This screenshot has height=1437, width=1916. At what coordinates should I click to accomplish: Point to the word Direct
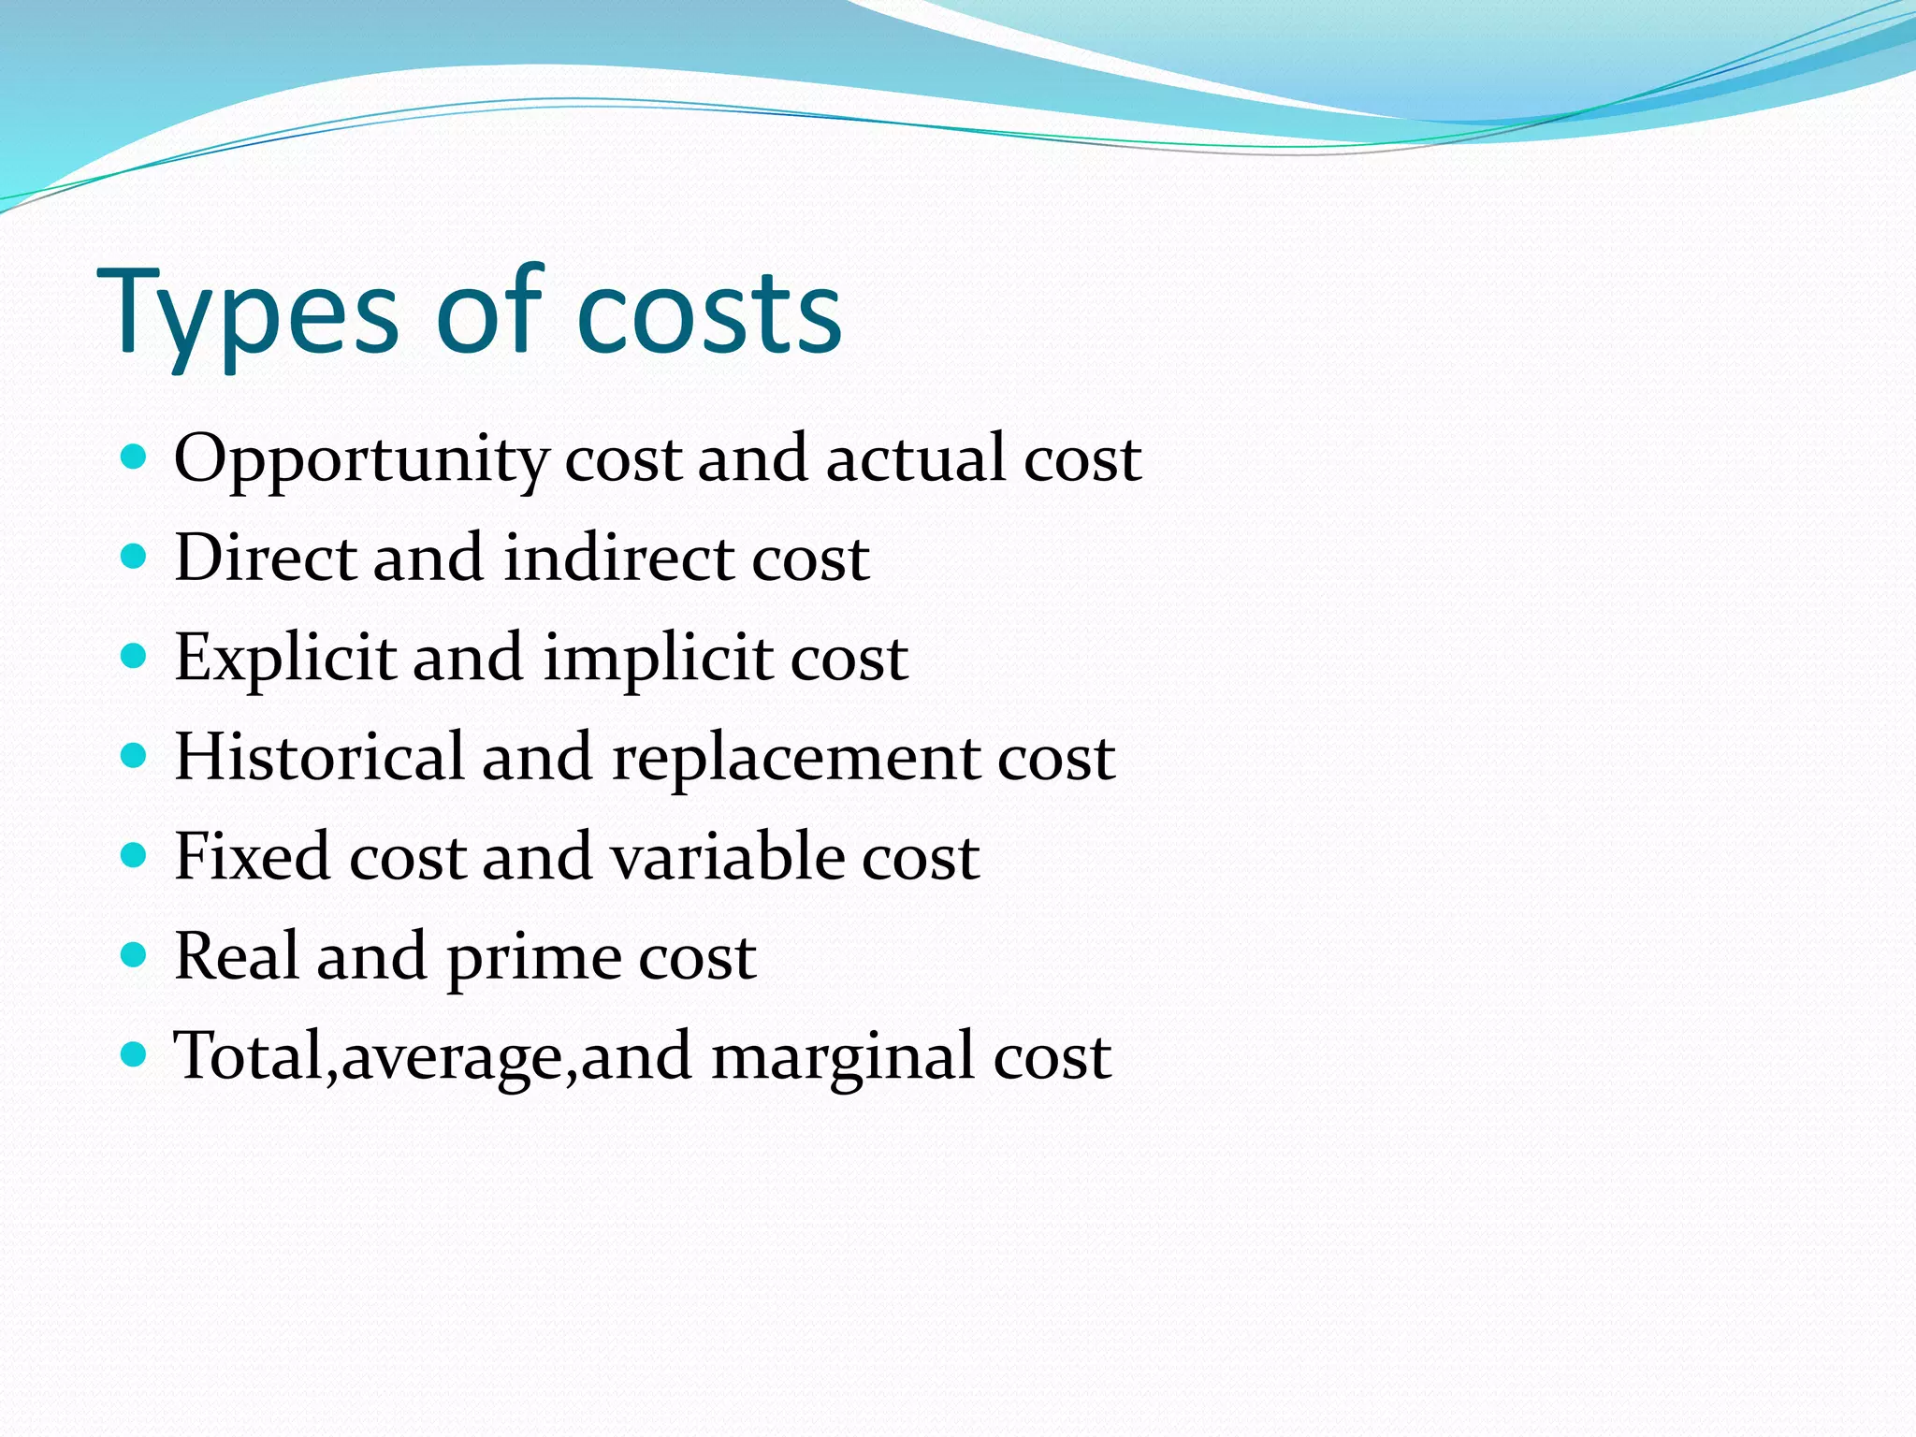pos(265,558)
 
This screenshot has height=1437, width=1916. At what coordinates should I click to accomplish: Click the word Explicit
pos(284,659)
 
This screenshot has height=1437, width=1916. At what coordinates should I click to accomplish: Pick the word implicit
pos(658,659)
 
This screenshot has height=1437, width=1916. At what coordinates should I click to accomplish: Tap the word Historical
pos(319,757)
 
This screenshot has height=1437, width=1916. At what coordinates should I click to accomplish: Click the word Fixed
pos(253,856)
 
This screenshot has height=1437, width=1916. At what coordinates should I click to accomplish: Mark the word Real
pos(236,955)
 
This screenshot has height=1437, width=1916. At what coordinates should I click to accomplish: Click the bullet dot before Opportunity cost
pos(135,457)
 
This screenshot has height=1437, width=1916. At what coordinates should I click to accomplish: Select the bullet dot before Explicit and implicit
pos(135,656)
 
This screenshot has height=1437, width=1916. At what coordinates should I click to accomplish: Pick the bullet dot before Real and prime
pos(135,954)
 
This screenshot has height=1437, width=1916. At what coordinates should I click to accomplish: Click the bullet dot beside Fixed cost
pos(135,855)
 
